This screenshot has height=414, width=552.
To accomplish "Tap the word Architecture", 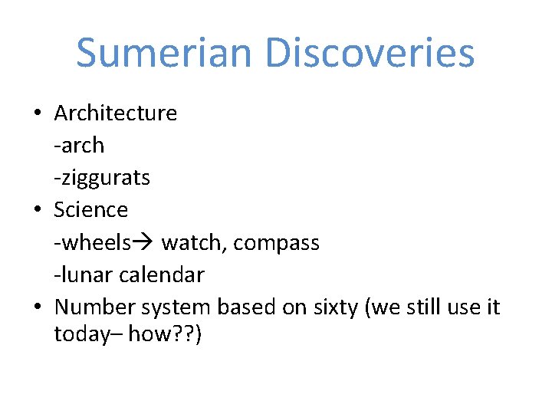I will pyautogui.click(x=116, y=113).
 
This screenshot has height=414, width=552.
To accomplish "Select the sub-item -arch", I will pyautogui.click(x=79, y=146).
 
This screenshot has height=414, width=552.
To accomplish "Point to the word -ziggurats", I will pyautogui.click(x=102, y=178).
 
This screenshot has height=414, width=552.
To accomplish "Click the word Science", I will pyautogui.click(x=91, y=210).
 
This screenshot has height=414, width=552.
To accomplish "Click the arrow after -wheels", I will pyautogui.click(x=143, y=243).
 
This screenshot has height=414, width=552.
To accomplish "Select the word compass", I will pyautogui.click(x=277, y=243).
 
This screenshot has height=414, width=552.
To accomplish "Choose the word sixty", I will pyautogui.click(x=335, y=307).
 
